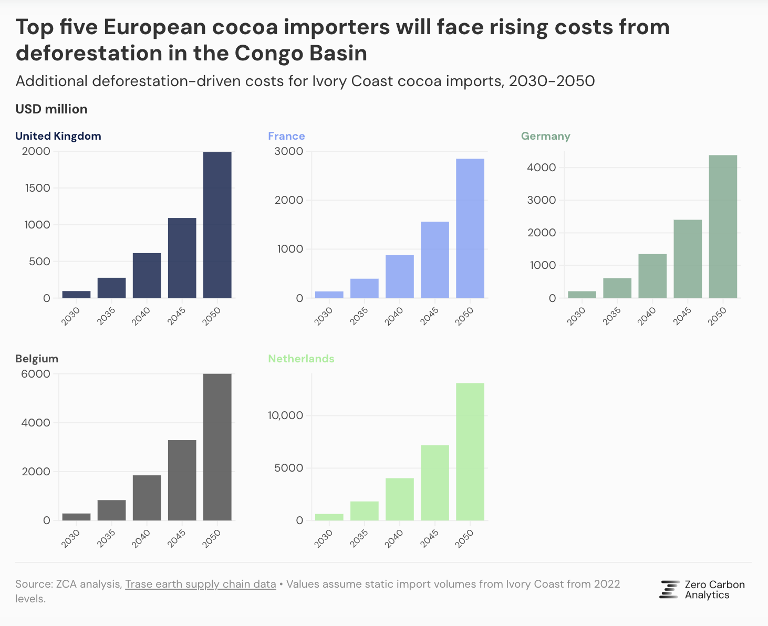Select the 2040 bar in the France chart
click(400, 277)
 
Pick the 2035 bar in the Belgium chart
click(111, 510)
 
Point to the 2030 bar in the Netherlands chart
click(329, 517)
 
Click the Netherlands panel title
click(301, 359)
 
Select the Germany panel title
click(545, 136)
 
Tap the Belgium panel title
click(37, 359)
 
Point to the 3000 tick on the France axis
click(289, 151)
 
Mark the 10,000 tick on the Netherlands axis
click(286, 415)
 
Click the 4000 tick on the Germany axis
click(542, 168)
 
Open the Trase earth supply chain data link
click(200, 584)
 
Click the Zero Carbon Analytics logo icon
click(669, 590)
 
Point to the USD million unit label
click(51, 109)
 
